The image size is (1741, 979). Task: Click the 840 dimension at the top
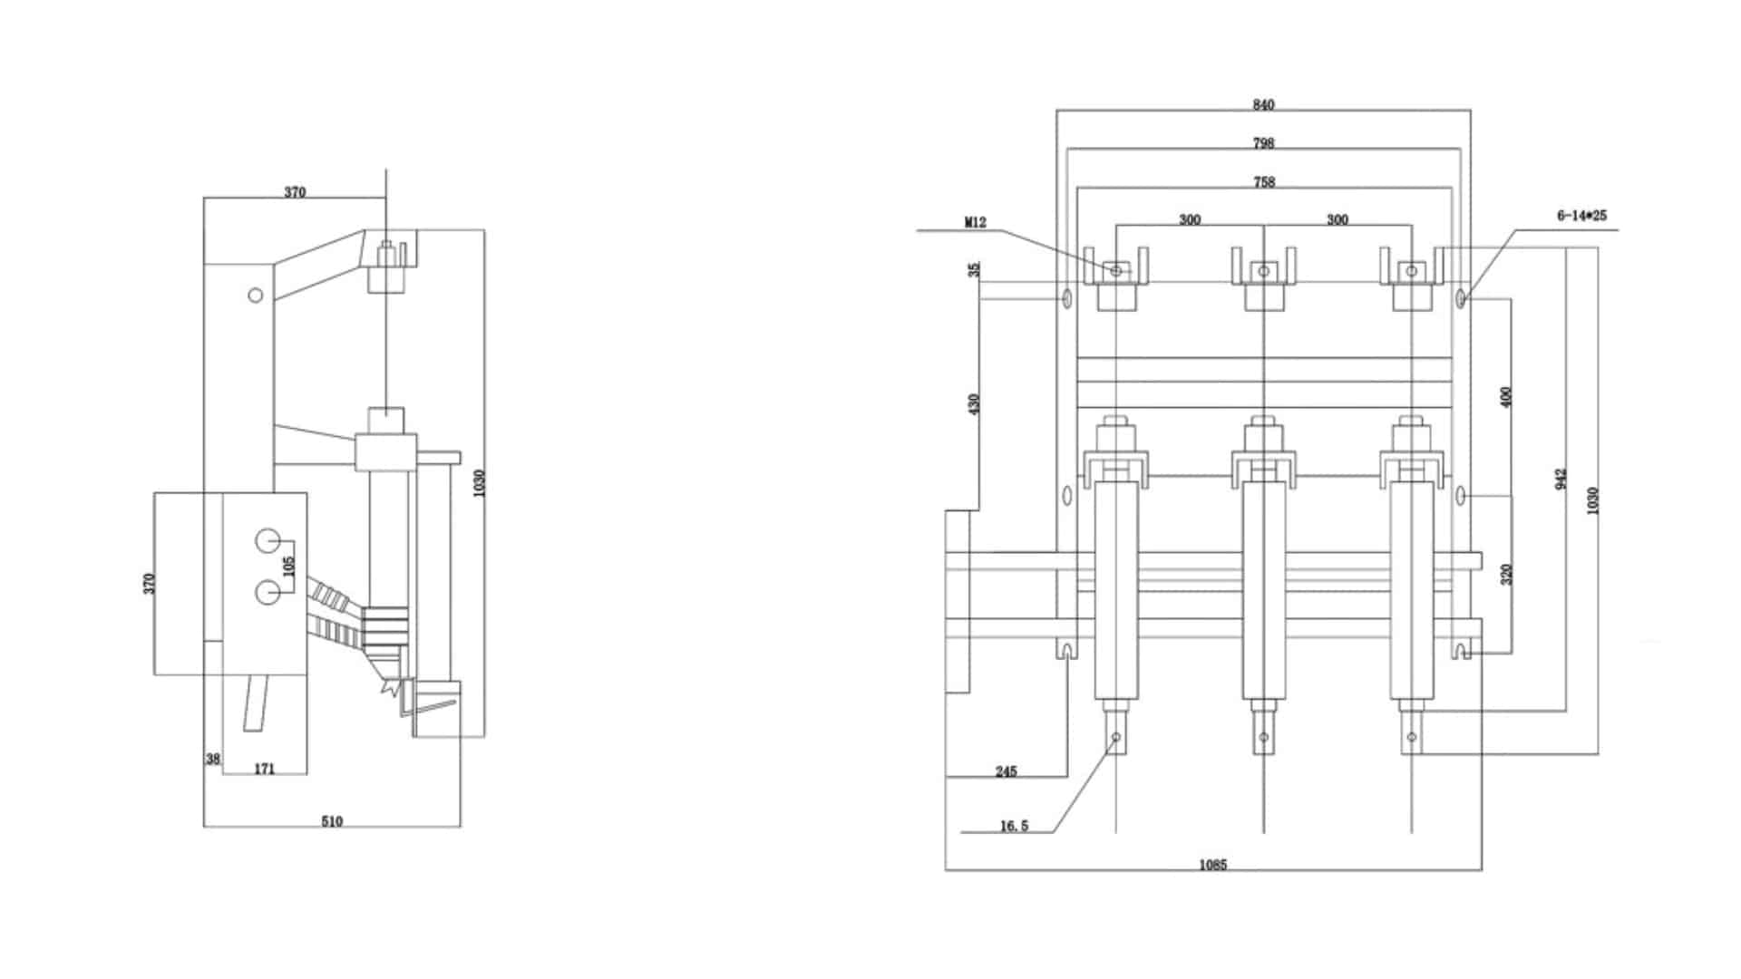tap(1263, 105)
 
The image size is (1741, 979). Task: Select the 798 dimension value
tap(1263, 143)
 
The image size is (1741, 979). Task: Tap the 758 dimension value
tap(1263, 182)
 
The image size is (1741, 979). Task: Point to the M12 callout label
tap(975, 222)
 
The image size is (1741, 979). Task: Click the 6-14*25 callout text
tap(1581, 216)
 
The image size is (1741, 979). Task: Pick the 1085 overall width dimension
tap(1212, 865)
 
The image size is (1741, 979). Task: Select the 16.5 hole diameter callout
tap(1014, 826)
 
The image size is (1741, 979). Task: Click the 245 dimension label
tap(1006, 771)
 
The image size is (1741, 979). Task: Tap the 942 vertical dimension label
tap(1560, 480)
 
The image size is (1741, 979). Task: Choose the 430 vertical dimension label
tap(974, 403)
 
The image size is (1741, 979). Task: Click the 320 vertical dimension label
tap(1506, 574)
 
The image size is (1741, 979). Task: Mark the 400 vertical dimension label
tap(1506, 397)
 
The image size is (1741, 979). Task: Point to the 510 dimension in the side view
tap(332, 821)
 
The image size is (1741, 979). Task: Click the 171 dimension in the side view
tap(264, 769)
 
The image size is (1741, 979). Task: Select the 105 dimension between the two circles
tap(288, 567)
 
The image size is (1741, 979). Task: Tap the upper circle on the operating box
tap(267, 541)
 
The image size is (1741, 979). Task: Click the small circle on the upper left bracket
tap(256, 295)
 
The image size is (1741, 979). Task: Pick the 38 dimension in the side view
tap(212, 759)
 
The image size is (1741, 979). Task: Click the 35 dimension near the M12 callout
tap(974, 269)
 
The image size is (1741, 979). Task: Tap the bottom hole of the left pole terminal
tap(1116, 736)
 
